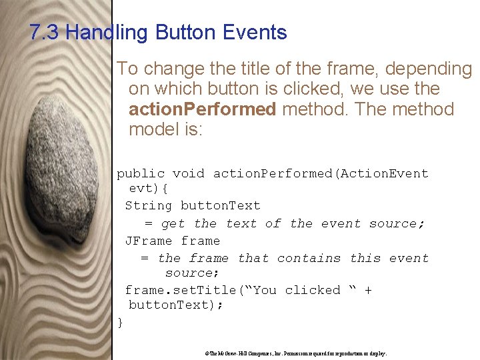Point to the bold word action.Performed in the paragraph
point(202,109)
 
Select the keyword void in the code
point(189,173)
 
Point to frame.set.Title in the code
point(181,290)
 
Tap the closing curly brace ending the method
point(120,322)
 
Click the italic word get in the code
point(173,224)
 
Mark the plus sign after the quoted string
point(368,290)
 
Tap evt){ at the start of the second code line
point(145,189)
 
